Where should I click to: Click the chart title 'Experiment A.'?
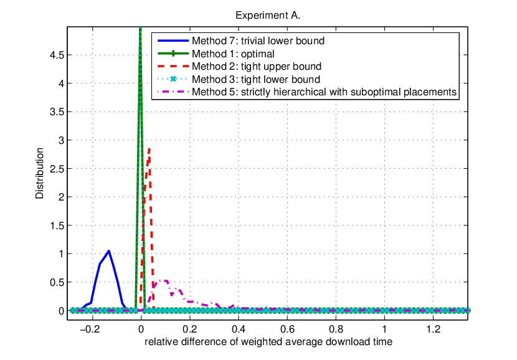pos(268,16)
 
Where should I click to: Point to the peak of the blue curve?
pos(108,251)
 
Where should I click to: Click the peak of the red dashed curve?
pos(149,149)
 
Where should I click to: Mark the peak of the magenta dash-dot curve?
pos(164,281)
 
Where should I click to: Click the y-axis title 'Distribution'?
pos(40,173)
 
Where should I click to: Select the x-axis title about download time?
pos(268,342)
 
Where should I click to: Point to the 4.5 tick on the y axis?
pos(57,55)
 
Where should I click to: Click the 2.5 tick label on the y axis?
pos(57,169)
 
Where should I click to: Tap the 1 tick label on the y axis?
pos(61,254)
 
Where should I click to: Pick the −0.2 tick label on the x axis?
pos(90,329)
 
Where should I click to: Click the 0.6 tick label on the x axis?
pos(287,329)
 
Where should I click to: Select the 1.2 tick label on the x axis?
pos(434,329)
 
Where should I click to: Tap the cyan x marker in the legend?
pos(173,79)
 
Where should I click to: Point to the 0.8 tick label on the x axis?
pos(336,329)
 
